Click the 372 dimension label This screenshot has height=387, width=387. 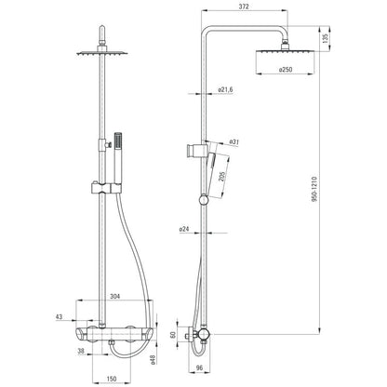click(x=244, y=7)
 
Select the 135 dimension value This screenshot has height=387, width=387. click(x=326, y=38)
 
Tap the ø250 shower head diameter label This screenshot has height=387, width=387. click(x=286, y=70)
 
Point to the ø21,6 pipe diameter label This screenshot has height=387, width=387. click(x=225, y=89)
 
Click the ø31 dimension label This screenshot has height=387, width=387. click(x=234, y=141)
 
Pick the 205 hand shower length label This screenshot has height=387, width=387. click(x=222, y=177)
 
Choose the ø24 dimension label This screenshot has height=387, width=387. click(x=184, y=230)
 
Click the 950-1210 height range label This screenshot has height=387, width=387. click(x=314, y=190)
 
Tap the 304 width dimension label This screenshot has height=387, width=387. click(x=114, y=296)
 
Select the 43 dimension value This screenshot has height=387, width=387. click(x=59, y=316)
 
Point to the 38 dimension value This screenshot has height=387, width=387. click(x=81, y=351)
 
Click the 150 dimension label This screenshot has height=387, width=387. click(x=112, y=379)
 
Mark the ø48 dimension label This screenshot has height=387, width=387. click(x=153, y=360)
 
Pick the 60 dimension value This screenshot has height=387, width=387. click(x=173, y=335)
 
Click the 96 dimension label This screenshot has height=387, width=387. click(x=200, y=367)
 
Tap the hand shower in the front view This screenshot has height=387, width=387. click(x=118, y=158)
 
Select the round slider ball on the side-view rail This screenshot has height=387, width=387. click(x=204, y=200)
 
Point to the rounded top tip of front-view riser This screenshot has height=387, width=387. click(x=102, y=27)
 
